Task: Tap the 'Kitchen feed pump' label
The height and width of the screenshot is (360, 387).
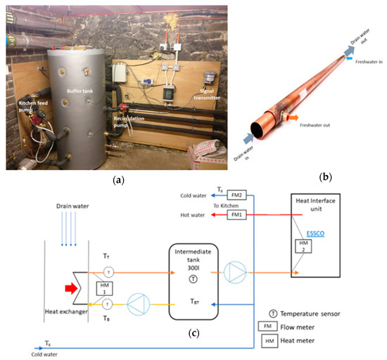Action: point(33,106)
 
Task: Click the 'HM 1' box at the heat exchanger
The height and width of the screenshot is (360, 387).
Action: point(65,287)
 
